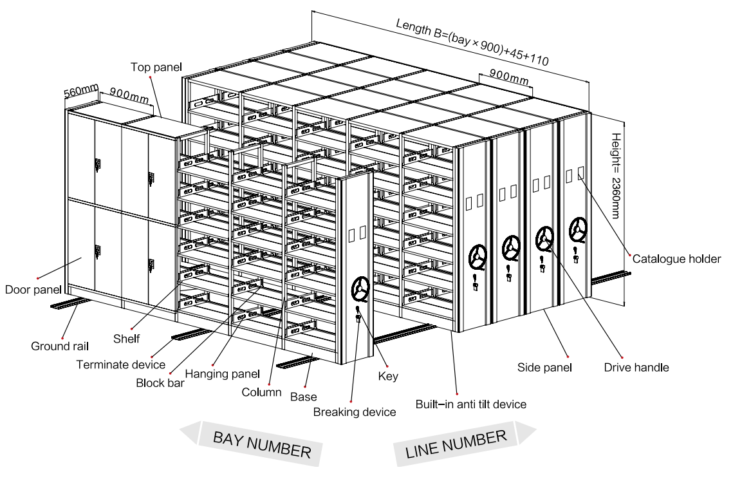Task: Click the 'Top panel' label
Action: coord(156,67)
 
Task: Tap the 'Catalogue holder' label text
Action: coord(676,259)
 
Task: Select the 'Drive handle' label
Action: coord(636,368)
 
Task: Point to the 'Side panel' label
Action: coord(544,368)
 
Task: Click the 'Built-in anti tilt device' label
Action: coord(470,404)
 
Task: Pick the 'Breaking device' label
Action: coord(355,411)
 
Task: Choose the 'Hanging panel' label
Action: coord(223,373)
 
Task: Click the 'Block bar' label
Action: coord(160,382)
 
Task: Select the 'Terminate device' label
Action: coord(121,364)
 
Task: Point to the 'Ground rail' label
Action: coord(60,346)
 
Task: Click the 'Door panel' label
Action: coord(33,289)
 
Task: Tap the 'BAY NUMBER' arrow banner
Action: coord(261,444)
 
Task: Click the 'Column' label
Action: coord(261,391)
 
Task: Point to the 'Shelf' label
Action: coord(126,338)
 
